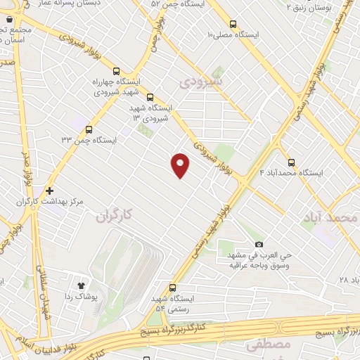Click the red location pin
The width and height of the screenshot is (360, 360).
point(181,165)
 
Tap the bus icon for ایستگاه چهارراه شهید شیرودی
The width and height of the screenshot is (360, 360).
point(116,70)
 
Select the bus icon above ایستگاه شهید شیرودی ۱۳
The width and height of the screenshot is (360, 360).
point(149,96)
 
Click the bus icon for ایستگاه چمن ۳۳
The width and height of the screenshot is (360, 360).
point(89,129)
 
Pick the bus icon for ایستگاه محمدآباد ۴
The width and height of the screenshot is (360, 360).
point(291,161)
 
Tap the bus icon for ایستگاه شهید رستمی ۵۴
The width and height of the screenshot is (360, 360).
point(173,288)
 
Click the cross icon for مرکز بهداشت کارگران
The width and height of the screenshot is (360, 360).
point(49,191)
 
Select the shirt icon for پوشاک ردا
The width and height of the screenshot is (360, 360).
point(80,285)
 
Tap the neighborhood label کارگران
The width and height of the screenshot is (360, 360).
point(112,214)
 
